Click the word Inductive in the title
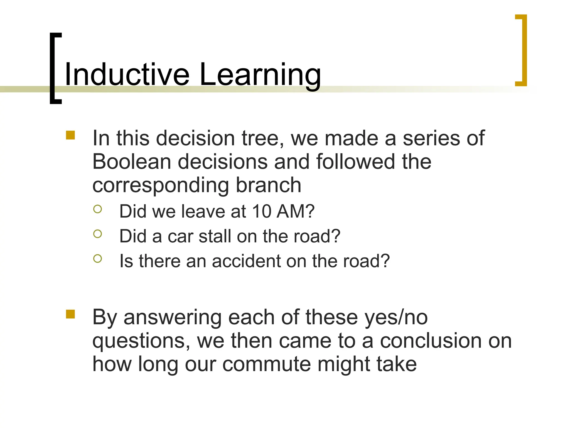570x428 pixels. click(127, 75)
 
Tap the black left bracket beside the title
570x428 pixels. click(53, 68)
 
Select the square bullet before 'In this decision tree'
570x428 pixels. click(70, 135)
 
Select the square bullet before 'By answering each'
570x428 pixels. click(70, 314)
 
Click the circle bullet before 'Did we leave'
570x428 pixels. click(97, 209)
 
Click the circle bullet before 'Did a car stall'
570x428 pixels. click(97, 234)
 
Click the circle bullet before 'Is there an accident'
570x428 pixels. click(97, 259)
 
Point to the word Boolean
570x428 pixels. click(131, 162)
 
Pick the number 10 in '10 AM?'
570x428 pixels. click(262, 211)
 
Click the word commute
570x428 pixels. click(266, 364)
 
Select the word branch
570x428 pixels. click(269, 185)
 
